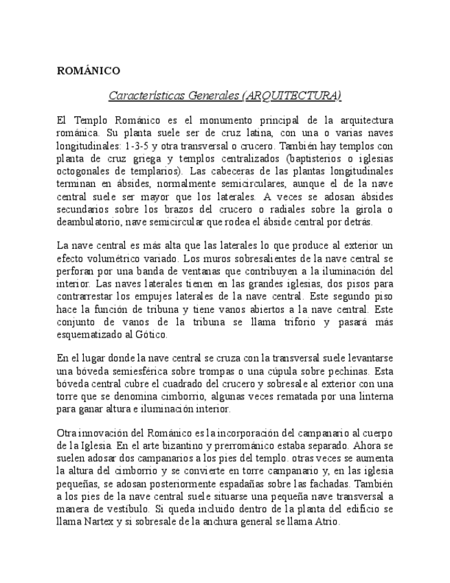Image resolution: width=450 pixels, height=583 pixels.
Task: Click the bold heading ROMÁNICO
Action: tap(88, 71)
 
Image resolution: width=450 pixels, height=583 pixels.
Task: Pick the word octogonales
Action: tap(82, 171)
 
